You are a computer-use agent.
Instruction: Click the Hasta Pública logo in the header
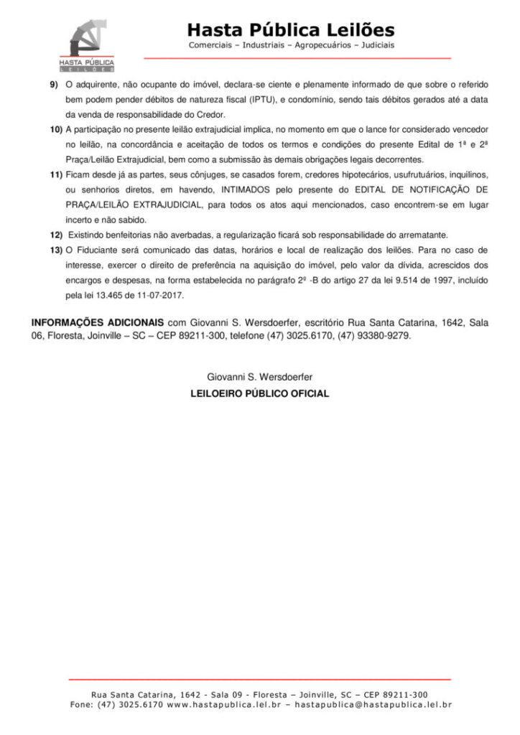pos(87,45)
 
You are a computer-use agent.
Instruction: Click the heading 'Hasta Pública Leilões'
pos(291,30)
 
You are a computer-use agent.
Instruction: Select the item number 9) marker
pos(54,84)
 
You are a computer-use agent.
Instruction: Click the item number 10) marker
pos(56,129)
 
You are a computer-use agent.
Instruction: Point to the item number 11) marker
pos(56,174)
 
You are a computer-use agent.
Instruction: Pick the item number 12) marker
pos(56,235)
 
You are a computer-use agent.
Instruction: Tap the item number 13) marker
pos(56,250)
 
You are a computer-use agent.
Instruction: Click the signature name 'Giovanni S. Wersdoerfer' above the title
pos(259,376)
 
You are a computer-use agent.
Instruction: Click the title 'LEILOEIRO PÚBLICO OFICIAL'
pos(259,393)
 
